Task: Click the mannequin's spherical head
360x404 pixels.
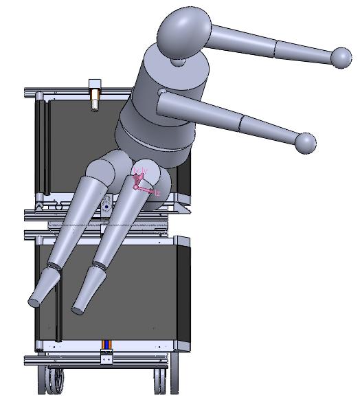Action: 183,31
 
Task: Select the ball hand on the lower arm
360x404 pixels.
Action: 305,143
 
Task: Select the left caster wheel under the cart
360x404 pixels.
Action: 55,380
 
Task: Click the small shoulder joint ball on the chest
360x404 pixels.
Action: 161,92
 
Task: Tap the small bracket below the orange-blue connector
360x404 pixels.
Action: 106,357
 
